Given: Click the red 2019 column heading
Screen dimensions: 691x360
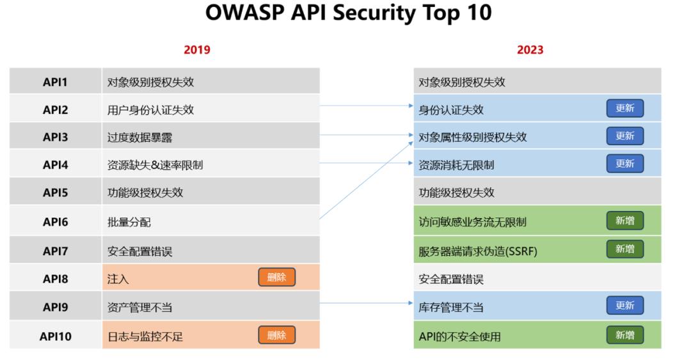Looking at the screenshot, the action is click(197, 50).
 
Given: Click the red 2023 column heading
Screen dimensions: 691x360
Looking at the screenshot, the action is click(530, 50).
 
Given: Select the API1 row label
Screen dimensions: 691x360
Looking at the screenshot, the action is click(55, 82).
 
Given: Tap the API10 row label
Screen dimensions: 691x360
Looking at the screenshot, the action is click(56, 336).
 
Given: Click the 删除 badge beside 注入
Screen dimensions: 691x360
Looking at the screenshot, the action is click(277, 277).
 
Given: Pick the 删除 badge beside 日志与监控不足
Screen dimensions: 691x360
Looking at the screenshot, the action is click(277, 335).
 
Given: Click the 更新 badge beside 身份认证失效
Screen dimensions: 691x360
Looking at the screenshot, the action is click(625, 109).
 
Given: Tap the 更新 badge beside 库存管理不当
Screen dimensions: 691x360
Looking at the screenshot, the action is click(625, 306).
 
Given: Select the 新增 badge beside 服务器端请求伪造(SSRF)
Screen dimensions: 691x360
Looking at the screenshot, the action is click(625, 249).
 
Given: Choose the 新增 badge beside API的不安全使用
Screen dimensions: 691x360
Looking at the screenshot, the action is click(625, 335).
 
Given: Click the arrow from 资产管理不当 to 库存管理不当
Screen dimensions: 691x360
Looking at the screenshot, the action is click(367, 303).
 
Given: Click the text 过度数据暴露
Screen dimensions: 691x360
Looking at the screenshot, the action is click(139, 137).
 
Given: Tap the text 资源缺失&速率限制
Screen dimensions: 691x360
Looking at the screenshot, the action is click(155, 165).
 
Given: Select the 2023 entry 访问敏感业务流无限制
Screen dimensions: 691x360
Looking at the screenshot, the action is click(472, 222).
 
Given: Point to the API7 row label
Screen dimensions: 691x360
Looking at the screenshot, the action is click(56, 251).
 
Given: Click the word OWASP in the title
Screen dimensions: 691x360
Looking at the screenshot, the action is click(244, 13).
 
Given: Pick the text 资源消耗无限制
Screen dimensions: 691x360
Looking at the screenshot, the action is click(456, 165).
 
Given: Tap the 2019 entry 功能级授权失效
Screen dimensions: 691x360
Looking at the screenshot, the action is click(145, 192).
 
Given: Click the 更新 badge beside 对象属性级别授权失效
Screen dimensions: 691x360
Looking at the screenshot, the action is click(625, 136).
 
